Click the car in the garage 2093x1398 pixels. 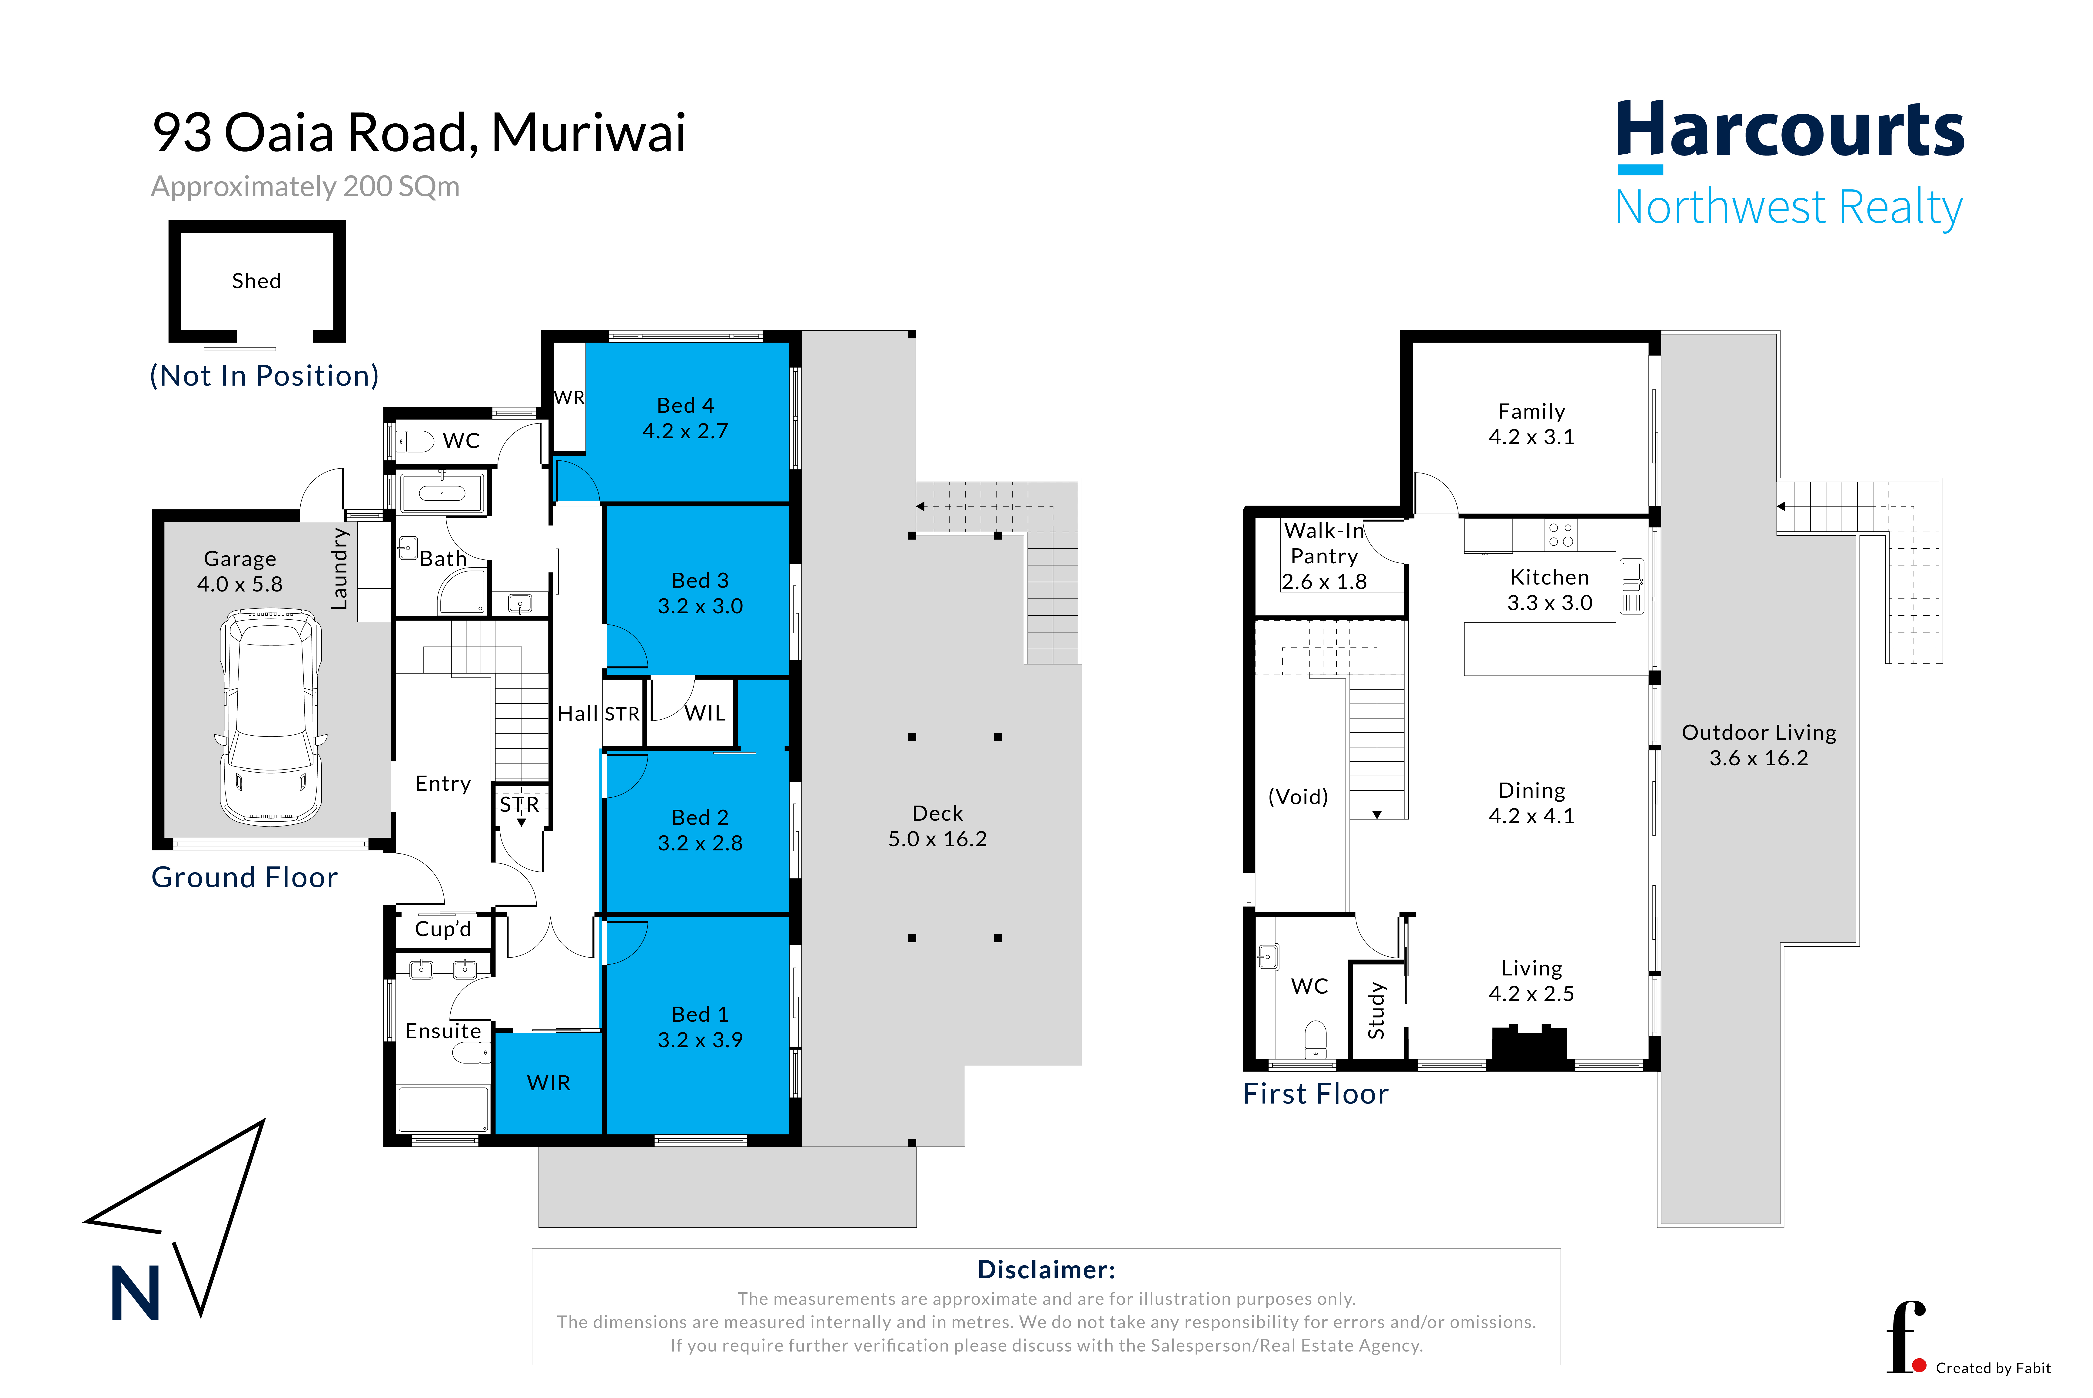[270, 717]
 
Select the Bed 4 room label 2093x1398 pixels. [685, 406]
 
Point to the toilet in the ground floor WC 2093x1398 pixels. [415, 440]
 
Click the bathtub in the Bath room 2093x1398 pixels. [442, 493]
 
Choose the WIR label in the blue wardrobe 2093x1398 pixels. [548, 1082]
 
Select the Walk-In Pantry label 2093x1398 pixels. [1324, 543]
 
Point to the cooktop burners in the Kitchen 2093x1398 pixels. [1561, 535]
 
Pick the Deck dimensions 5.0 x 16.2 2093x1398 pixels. [937, 839]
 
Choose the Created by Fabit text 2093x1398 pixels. [1993, 1368]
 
